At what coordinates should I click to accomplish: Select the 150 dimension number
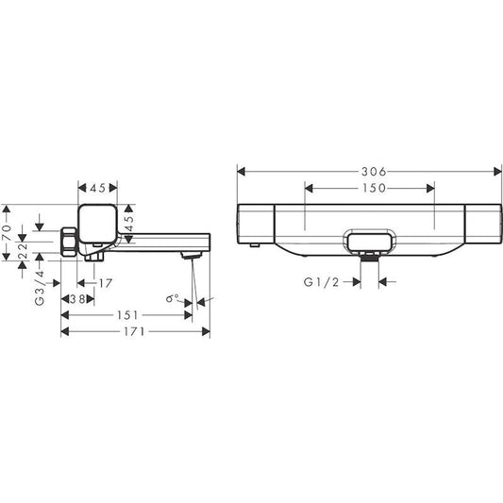[x=369, y=188]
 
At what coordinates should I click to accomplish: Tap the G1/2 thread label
[x=321, y=281]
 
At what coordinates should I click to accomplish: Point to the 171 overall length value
[x=135, y=332]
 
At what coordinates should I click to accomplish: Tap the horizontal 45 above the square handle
[x=98, y=185]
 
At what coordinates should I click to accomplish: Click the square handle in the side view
[x=98, y=223]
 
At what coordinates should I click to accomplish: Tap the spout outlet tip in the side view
[x=193, y=255]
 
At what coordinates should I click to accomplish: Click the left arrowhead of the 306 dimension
[x=240, y=172]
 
